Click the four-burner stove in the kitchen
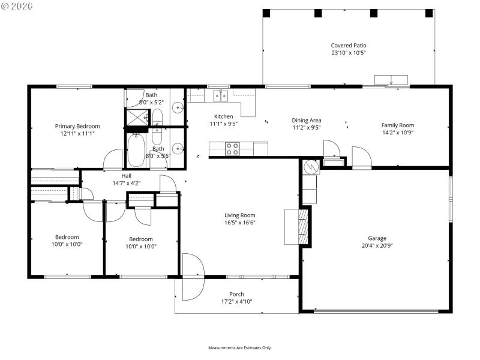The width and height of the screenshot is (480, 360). coord(232,149)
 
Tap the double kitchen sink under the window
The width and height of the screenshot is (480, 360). coord(221,95)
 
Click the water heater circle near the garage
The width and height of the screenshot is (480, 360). coord(311,166)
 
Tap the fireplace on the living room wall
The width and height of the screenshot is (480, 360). coord(305,227)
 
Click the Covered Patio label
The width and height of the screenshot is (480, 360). coord(348,46)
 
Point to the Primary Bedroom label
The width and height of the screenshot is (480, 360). coord(77,127)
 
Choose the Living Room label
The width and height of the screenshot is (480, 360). coord(240,215)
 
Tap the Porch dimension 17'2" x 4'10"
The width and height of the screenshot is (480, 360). coord(236,302)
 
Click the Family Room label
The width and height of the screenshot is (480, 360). coord(398,125)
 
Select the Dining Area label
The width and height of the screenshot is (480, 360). coord(307,120)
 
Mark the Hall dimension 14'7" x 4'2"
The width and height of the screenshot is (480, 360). coord(127,183)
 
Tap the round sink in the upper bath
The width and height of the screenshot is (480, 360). coord(178,109)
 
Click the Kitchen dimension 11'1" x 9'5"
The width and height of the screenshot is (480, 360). coord(224,124)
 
